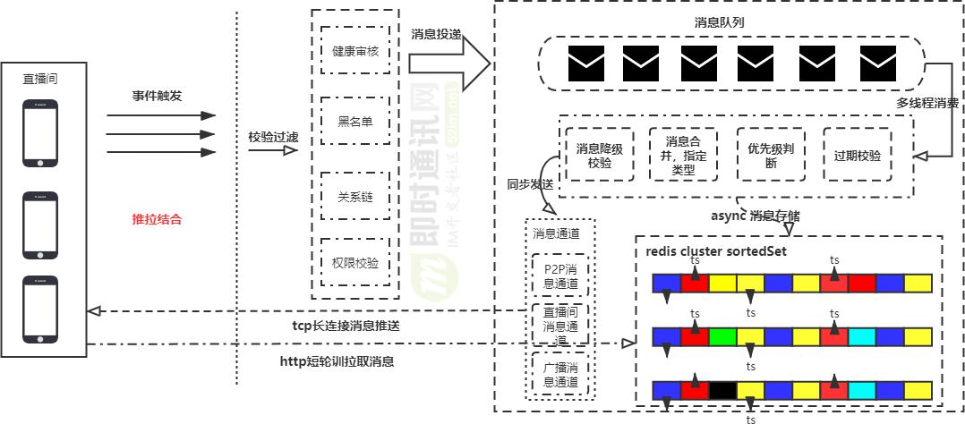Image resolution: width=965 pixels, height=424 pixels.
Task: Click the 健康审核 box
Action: (355, 51)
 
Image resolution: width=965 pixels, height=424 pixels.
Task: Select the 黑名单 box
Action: (355, 122)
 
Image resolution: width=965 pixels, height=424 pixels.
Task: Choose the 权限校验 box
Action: (355, 263)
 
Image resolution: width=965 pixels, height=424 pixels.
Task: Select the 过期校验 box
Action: (857, 155)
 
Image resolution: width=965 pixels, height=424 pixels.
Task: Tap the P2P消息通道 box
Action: (561, 275)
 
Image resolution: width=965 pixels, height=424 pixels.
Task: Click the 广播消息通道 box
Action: (561, 375)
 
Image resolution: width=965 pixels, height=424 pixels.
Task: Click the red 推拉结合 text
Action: (157, 219)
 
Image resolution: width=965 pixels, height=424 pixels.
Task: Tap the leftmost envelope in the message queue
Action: (585, 63)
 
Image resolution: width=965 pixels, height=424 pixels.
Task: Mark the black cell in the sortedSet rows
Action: (722, 391)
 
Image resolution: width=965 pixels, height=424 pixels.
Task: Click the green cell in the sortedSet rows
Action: (722, 337)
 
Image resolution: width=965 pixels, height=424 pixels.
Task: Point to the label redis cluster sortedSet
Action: (716, 251)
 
